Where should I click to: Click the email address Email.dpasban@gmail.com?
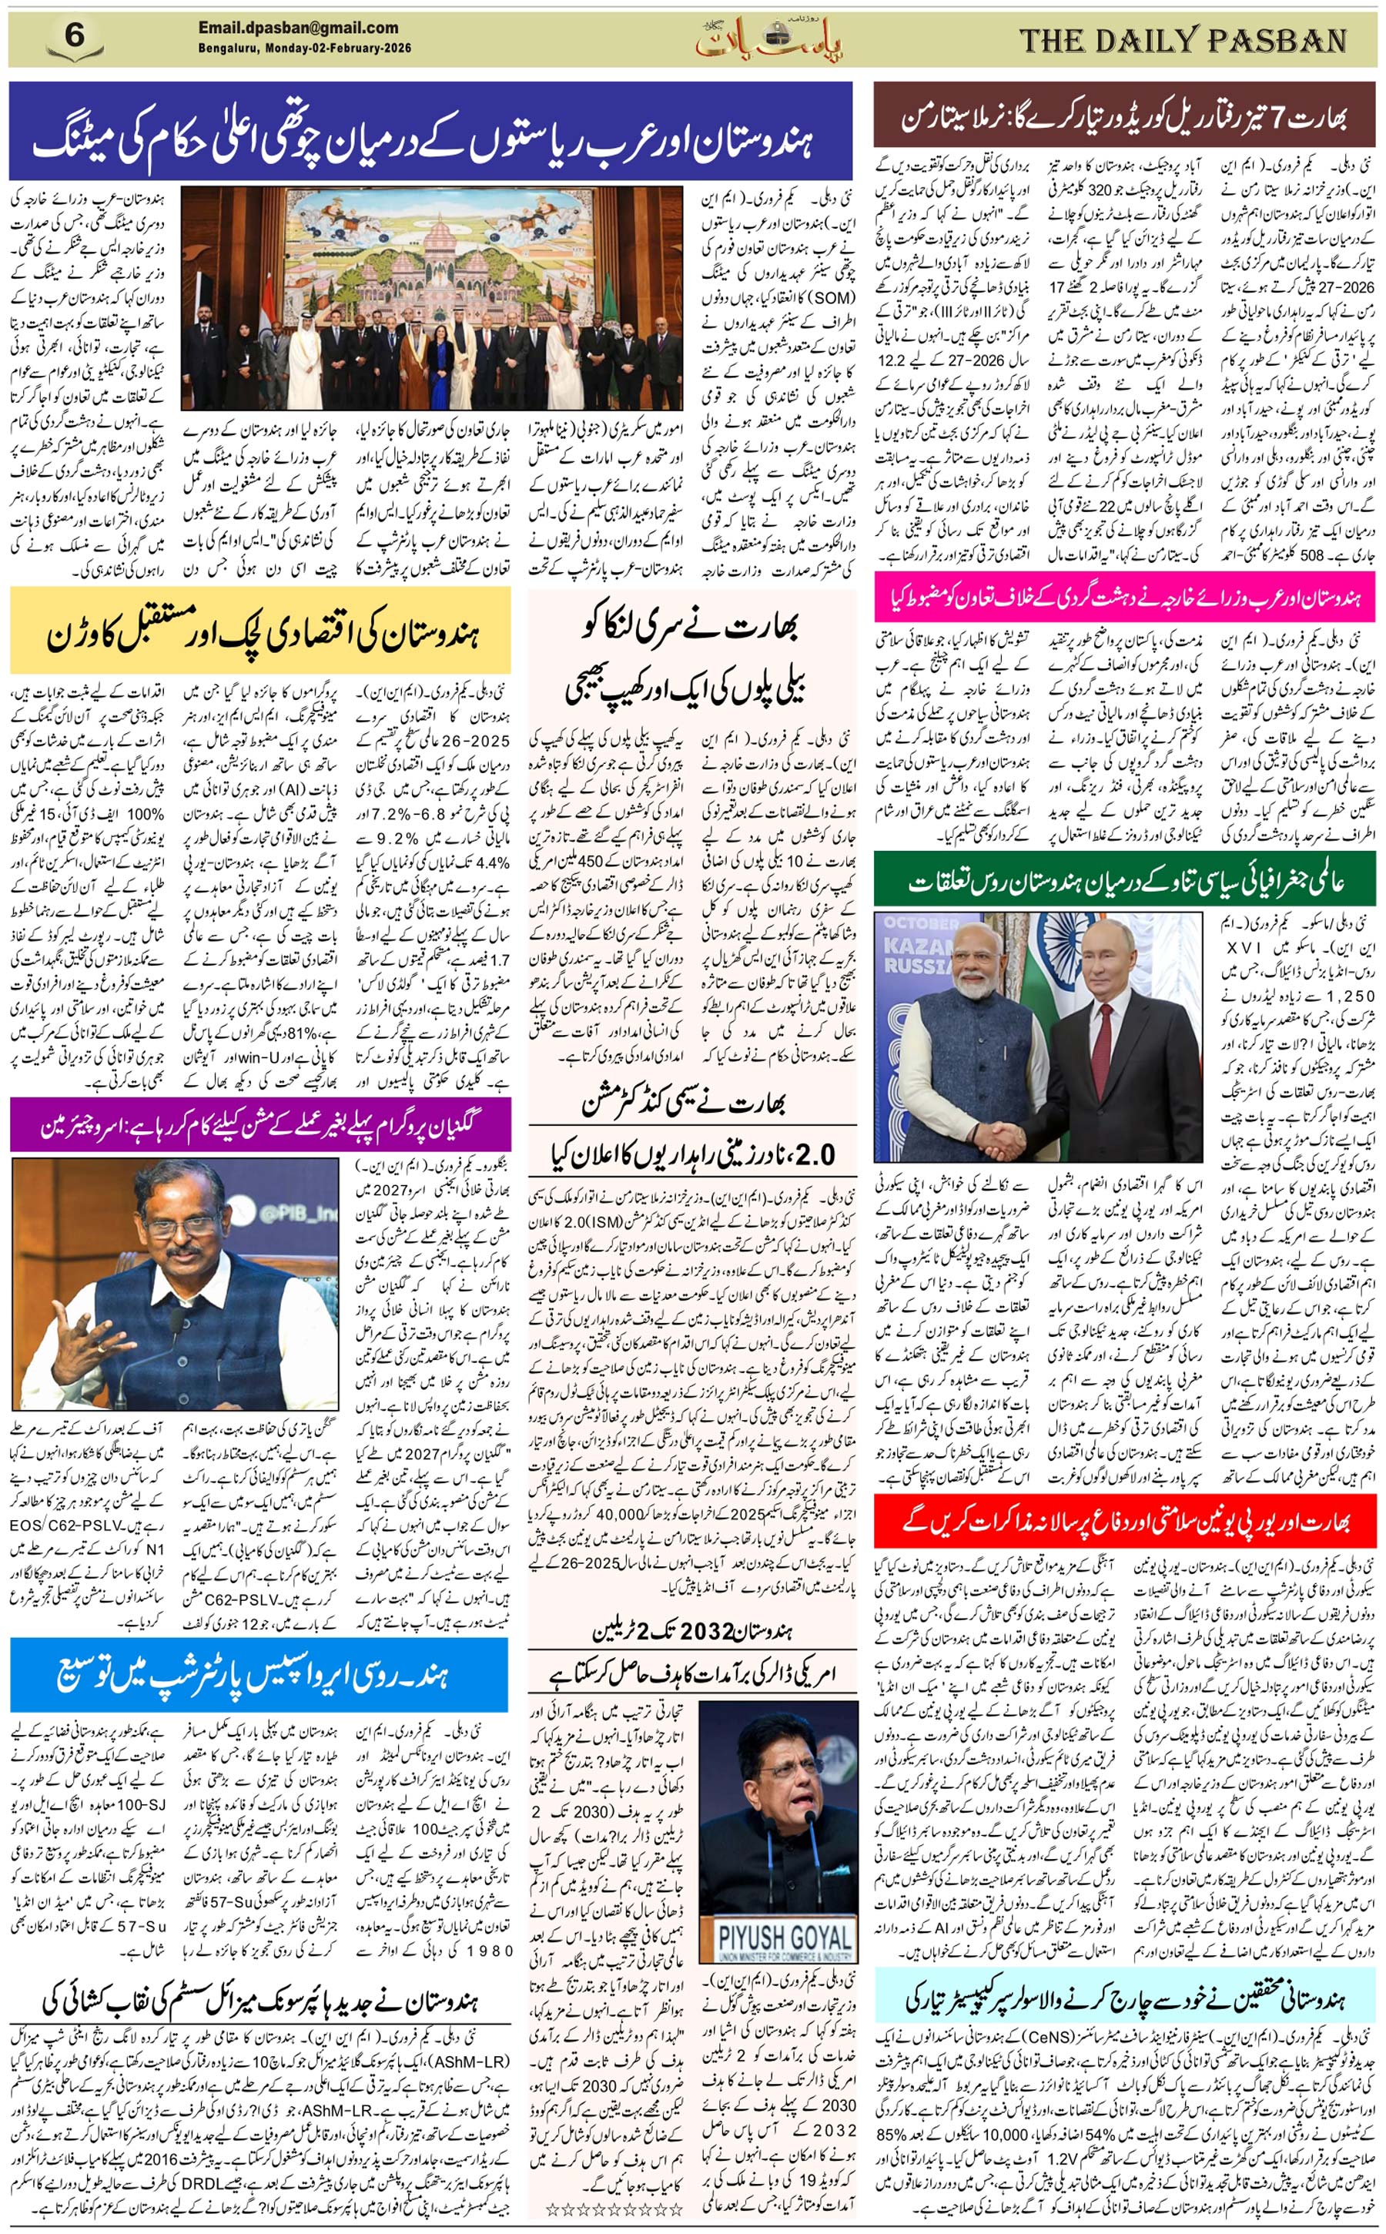tap(298, 28)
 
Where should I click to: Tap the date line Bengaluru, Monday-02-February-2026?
tap(304, 49)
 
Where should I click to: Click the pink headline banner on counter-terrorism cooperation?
tap(1124, 596)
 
